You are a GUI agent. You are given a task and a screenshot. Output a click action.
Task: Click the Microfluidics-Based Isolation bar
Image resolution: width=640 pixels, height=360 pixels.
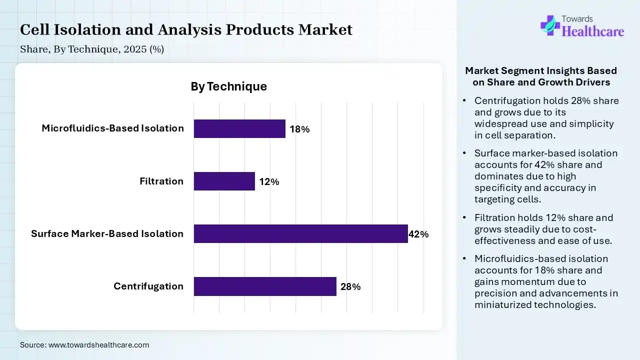pos(239,128)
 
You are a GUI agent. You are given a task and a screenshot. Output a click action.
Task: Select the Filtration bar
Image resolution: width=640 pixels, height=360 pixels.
pos(224,181)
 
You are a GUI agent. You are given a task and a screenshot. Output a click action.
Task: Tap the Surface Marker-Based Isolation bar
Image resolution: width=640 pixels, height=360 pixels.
pos(300,233)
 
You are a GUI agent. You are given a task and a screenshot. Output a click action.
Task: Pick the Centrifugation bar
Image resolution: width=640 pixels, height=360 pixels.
pos(265,286)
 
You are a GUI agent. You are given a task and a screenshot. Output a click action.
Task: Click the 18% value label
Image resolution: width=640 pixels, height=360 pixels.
pos(299,129)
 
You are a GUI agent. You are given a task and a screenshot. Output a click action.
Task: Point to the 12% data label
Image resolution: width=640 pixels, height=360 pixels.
pos(269,182)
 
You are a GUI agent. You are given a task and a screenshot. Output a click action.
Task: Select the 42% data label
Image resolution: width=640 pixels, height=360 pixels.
pos(418,234)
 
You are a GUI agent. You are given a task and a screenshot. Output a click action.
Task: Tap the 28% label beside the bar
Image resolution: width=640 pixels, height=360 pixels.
pos(350,287)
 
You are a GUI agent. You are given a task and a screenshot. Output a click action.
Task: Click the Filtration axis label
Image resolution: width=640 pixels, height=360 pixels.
pos(161,181)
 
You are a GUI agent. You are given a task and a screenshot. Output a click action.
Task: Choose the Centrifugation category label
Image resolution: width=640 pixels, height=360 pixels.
pos(148,286)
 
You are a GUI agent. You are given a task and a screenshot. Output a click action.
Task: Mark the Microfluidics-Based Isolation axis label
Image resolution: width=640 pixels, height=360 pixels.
pos(112,128)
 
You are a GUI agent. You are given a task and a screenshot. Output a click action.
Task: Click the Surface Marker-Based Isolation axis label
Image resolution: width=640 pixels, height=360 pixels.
pos(107,233)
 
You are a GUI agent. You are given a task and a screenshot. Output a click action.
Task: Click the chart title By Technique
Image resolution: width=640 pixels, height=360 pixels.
pos(228,86)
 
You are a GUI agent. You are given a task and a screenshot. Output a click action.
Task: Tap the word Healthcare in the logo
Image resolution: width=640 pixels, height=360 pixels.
pos(593,32)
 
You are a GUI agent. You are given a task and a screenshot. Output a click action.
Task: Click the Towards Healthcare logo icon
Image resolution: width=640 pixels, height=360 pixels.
pos(549,25)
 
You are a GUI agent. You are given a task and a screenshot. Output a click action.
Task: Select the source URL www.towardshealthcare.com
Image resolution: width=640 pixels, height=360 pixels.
pos(98,344)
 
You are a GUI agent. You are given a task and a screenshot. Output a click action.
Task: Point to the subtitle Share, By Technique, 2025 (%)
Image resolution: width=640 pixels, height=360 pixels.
pos(92,49)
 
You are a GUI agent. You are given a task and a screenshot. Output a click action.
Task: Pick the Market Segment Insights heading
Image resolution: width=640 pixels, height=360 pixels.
pos(541,76)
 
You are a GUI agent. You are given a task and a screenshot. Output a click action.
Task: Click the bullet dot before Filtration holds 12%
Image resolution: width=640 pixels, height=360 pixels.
pos(464,218)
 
